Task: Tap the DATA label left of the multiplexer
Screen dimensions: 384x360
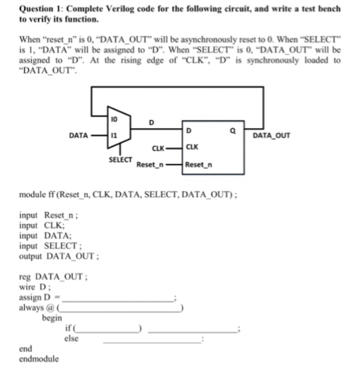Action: tap(78, 135)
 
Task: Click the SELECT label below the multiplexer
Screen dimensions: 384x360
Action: tap(120, 159)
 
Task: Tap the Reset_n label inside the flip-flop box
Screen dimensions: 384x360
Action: tap(199, 164)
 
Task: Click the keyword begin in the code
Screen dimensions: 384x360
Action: tap(52, 318)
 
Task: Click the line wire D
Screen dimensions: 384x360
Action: tap(34, 289)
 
